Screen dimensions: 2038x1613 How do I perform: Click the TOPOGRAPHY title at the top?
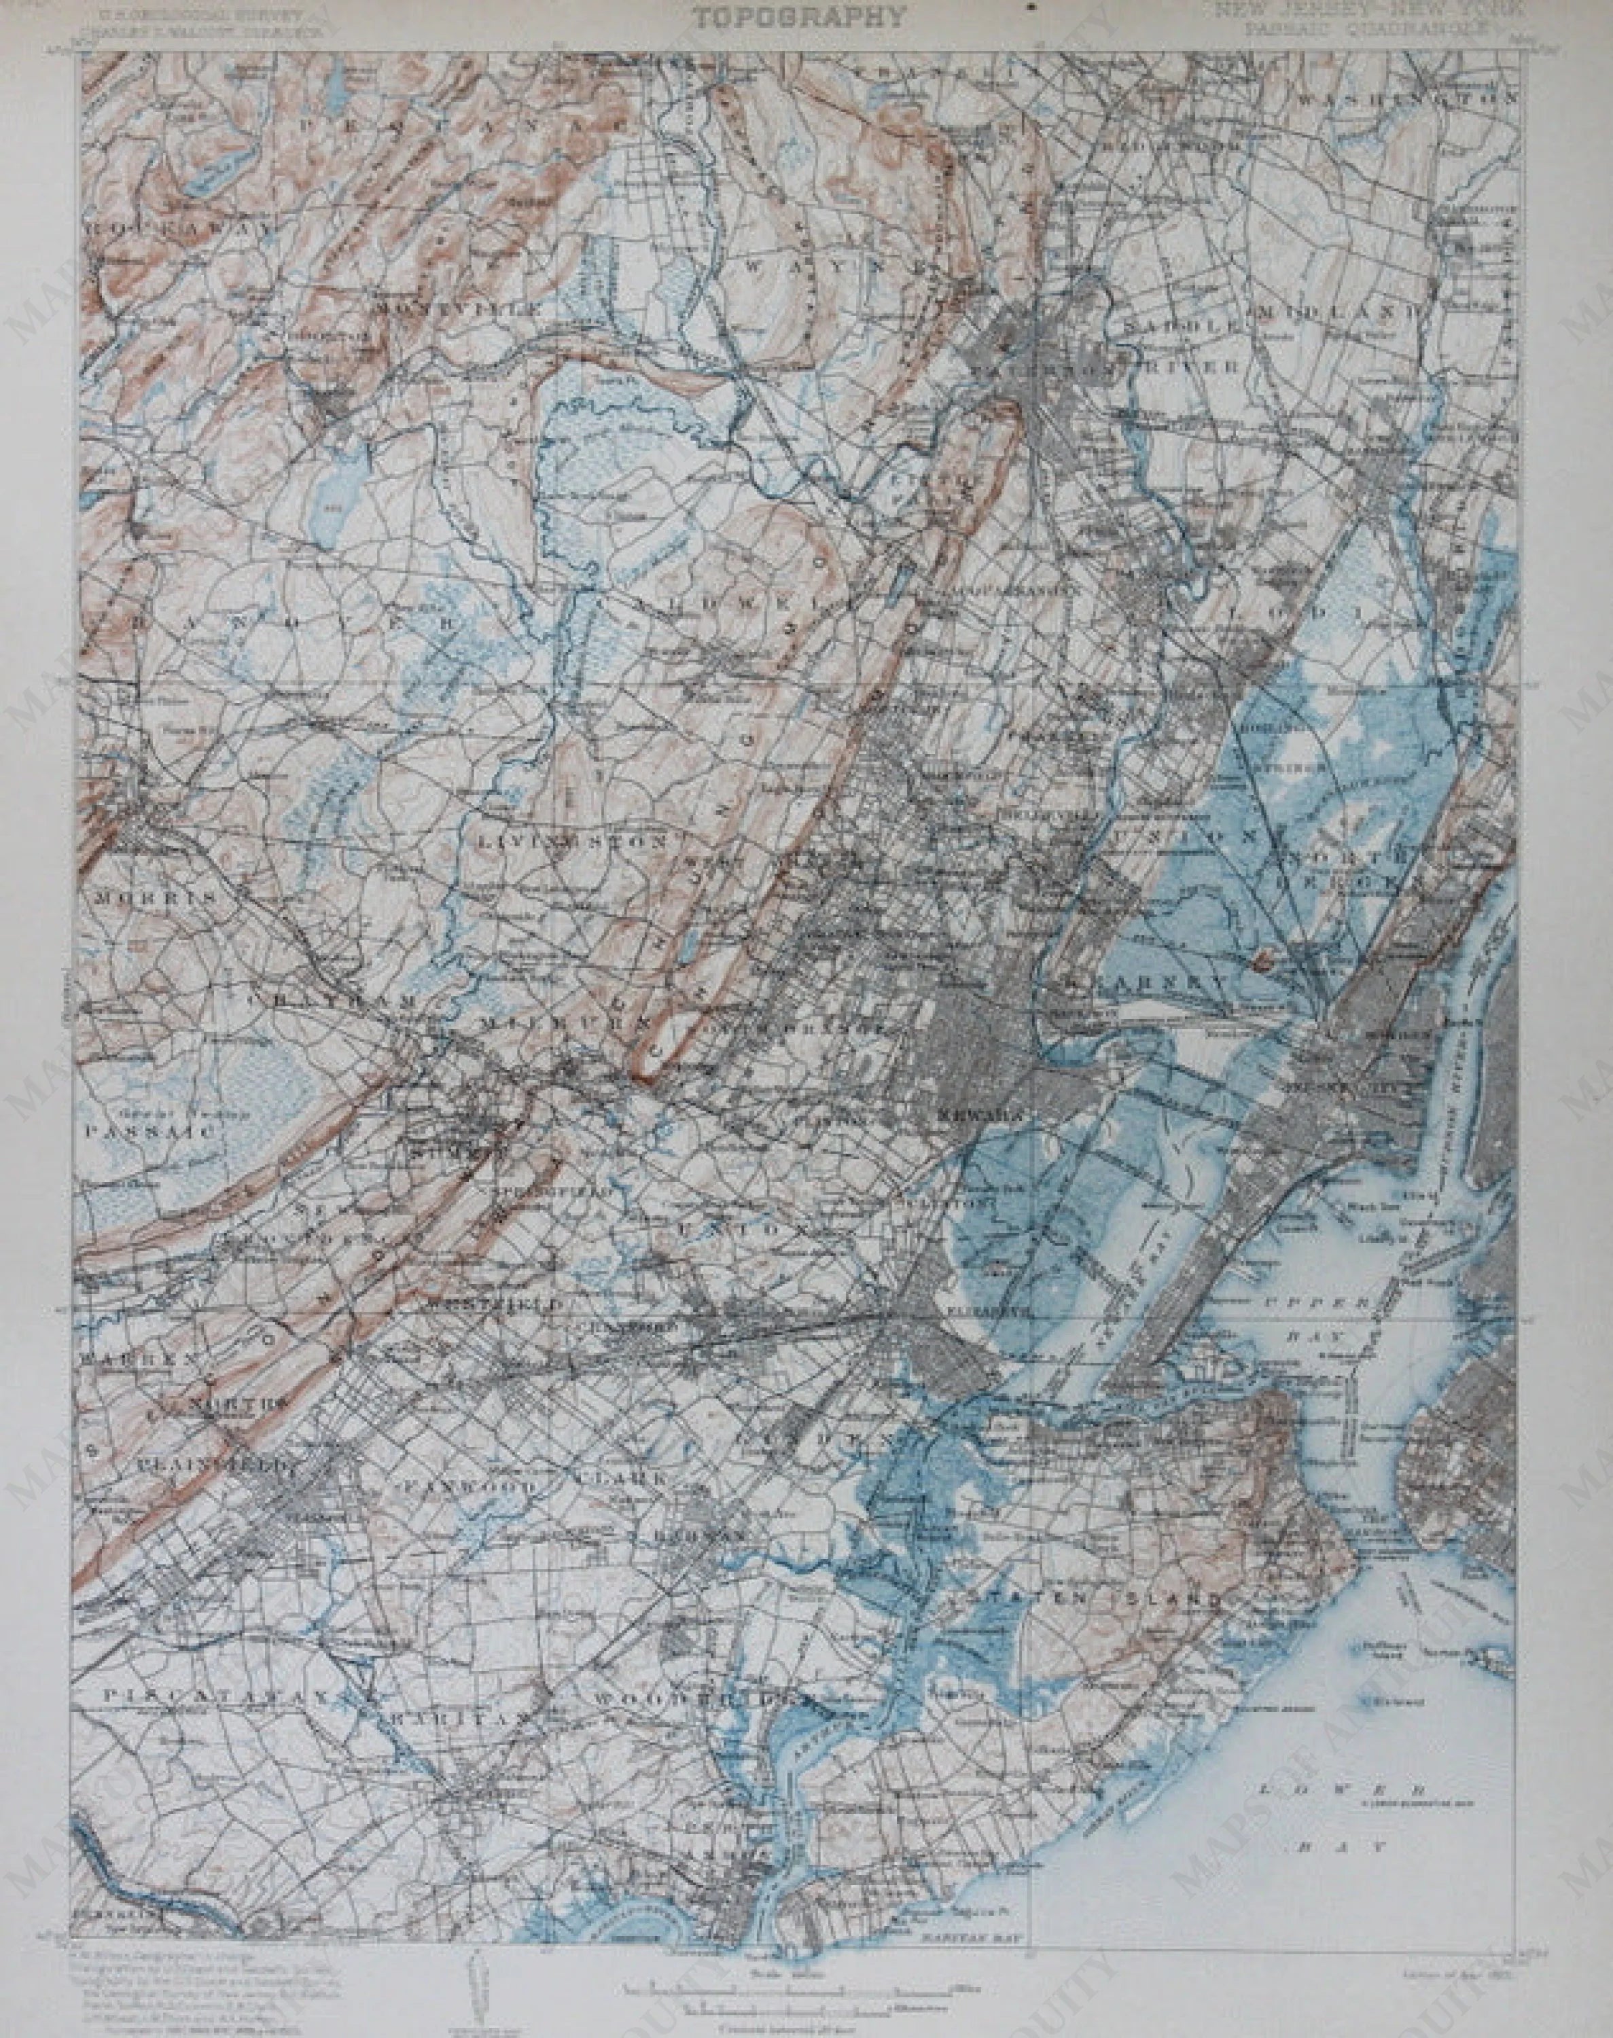[x=798, y=17]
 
